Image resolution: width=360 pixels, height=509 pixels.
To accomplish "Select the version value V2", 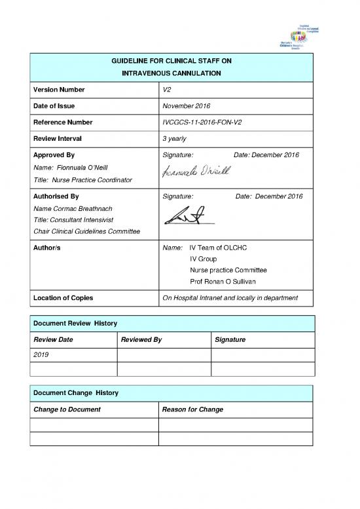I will point(166,89).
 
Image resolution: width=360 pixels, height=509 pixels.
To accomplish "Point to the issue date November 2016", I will point(186,106).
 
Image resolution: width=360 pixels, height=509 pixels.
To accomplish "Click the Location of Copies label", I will point(62,298).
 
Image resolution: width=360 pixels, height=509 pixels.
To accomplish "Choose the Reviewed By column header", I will point(141,341).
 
